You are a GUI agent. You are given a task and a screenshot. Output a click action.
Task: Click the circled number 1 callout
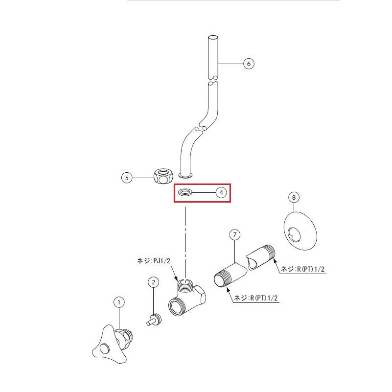(119, 302)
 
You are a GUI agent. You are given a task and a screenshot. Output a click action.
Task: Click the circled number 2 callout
(154, 282)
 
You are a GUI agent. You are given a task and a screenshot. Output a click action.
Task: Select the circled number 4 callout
(221, 192)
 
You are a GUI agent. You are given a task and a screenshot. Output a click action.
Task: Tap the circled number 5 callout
(127, 178)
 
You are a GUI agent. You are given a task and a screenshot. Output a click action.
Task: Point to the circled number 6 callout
(249, 64)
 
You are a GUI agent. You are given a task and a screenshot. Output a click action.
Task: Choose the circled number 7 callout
(235, 235)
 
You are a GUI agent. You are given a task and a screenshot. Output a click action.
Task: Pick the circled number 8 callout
(294, 197)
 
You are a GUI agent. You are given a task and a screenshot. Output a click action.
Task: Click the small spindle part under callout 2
(154, 320)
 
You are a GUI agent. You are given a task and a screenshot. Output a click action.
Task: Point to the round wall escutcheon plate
(300, 231)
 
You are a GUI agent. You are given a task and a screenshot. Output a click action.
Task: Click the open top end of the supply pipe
(213, 38)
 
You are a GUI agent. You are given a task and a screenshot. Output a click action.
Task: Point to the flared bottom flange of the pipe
(186, 176)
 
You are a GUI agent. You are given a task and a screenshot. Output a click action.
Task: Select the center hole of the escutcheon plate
(294, 234)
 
